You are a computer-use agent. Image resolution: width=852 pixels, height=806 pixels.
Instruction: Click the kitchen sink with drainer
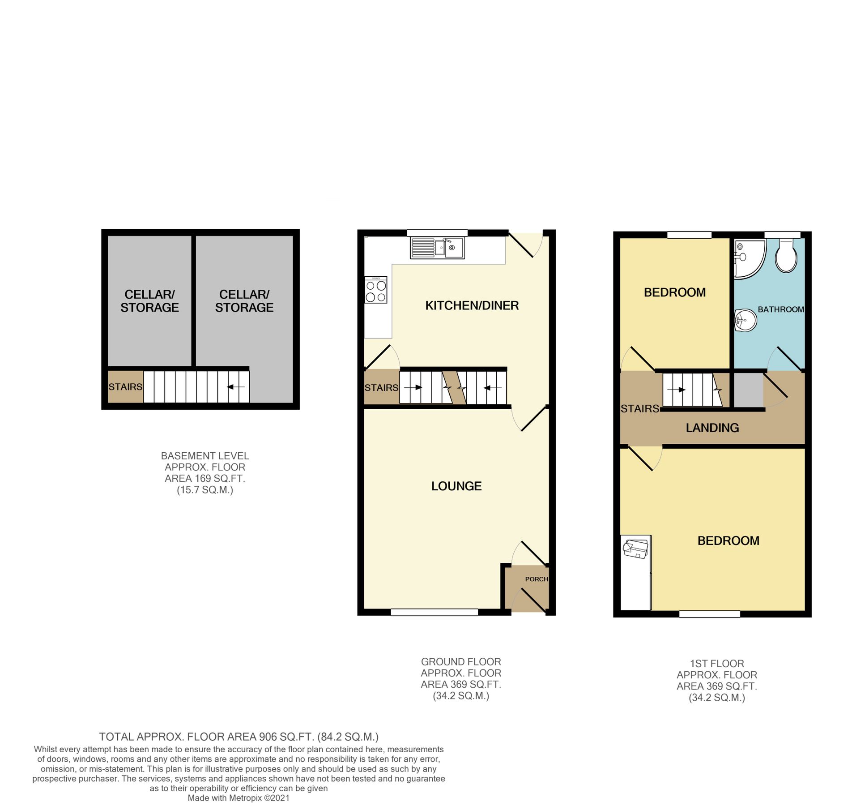click(437, 248)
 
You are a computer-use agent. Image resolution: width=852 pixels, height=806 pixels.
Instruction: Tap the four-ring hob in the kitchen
click(375, 290)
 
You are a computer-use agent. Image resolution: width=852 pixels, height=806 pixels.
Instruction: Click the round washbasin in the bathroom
click(745, 320)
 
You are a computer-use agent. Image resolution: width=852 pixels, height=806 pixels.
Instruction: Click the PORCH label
click(536, 579)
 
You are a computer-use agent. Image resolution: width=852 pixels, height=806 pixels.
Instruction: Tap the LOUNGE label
click(456, 486)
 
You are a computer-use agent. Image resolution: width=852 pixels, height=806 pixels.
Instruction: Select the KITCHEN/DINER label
click(472, 305)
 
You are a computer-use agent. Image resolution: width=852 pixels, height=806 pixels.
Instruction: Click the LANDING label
click(712, 428)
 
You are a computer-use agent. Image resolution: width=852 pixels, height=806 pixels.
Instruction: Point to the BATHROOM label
click(780, 309)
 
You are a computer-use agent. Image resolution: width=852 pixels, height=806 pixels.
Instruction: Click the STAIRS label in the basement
click(125, 387)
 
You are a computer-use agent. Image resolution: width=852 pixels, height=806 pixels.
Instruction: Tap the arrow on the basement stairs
click(236, 387)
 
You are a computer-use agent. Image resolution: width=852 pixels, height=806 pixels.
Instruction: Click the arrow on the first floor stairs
click(676, 390)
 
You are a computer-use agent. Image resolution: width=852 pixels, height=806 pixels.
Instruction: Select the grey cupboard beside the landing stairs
click(748, 390)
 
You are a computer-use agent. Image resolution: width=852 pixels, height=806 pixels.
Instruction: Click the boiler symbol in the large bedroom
click(635, 549)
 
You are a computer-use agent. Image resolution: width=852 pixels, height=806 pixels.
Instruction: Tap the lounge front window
click(434, 612)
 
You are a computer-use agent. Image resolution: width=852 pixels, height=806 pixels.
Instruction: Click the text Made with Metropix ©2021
click(239, 798)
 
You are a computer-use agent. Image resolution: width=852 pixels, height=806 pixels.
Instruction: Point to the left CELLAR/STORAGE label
click(149, 301)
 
